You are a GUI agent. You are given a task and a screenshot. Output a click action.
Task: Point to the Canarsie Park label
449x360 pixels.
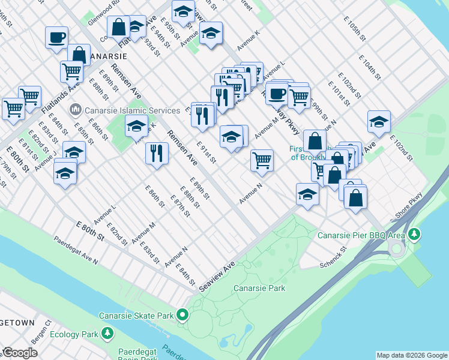pyautogui.click(x=259, y=289)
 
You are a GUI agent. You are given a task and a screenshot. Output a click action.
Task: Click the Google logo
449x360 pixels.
pyautogui.click(x=20, y=353)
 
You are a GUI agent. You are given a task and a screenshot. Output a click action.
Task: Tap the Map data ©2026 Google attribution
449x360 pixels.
pyautogui.click(x=412, y=355)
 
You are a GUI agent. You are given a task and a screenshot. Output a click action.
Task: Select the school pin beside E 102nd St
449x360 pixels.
pyautogui.click(x=379, y=122)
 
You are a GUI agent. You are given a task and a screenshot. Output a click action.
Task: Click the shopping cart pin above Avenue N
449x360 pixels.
pyautogui.click(x=262, y=160)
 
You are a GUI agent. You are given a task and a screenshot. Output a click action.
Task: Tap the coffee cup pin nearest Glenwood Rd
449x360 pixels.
pyautogui.click(x=56, y=37)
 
